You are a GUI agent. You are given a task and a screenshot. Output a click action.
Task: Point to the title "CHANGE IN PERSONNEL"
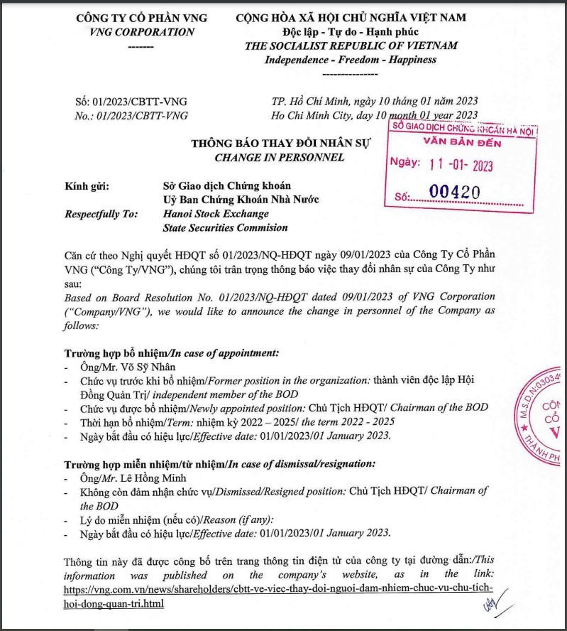279,157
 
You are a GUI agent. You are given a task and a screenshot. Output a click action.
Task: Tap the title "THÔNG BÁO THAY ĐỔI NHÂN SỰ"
279,144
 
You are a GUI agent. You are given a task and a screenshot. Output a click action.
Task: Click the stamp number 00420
456,192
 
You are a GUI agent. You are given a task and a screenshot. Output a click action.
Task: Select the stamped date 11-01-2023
461,165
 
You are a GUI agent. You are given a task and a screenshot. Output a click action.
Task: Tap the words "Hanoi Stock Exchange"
216,213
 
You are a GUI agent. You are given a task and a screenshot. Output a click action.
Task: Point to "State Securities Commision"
225,227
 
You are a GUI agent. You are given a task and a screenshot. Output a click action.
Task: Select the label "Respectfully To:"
102,213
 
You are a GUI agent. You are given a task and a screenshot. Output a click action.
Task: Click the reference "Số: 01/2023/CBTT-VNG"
131,102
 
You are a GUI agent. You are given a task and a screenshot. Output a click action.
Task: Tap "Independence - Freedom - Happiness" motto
351,60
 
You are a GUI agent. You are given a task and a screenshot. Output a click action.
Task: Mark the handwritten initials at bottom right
490,605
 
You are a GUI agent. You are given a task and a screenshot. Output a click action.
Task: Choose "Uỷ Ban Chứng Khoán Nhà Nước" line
241,200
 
